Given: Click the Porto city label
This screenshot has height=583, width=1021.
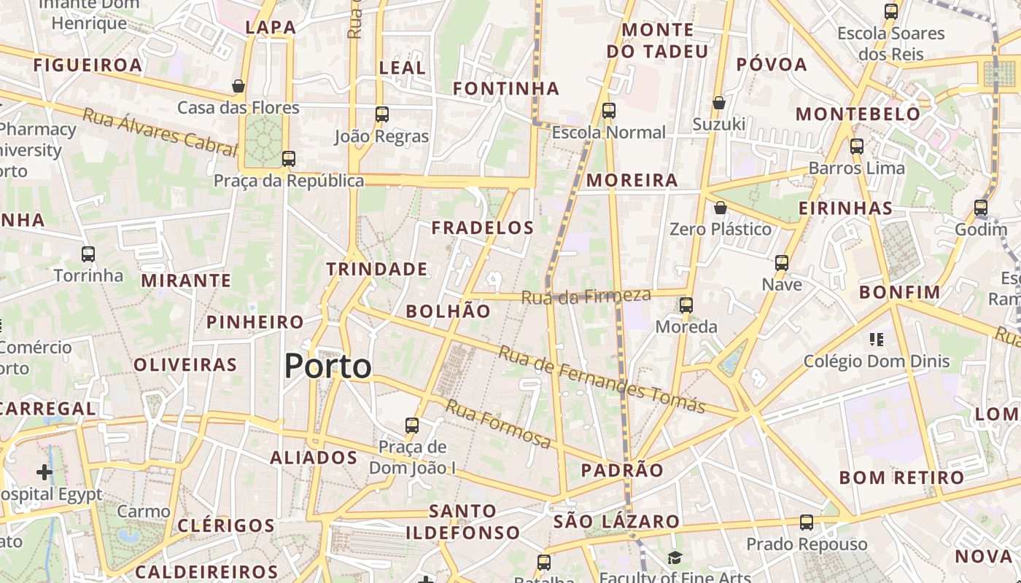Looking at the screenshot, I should [x=328, y=366].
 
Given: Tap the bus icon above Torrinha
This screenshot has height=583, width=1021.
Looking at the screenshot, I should [x=88, y=254].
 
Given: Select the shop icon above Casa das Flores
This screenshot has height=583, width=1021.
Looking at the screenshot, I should [x=238, y=86].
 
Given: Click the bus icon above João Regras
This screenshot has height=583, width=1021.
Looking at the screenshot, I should [x=382, y=114].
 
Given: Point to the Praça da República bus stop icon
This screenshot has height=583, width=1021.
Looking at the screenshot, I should [x=289, y=159].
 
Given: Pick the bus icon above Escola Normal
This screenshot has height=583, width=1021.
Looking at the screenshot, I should [x=609, y=111].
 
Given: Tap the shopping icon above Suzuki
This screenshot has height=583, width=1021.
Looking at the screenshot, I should [x=719, y=103].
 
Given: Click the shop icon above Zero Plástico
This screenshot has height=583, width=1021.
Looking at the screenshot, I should [x=721, y=208].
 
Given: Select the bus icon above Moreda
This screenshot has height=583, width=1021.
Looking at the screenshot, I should [x=686, y=305].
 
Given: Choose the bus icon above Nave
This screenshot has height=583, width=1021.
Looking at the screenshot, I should [x=782, y=263].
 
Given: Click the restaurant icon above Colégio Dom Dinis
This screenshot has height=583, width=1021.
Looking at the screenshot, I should [x=877, y=339].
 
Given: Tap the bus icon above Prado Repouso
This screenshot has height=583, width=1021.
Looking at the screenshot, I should [x=807, y=523].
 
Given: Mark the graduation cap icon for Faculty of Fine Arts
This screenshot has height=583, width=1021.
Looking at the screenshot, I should [x=675, y=558].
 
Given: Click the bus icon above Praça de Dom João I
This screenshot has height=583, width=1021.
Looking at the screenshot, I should [x=412, y=426].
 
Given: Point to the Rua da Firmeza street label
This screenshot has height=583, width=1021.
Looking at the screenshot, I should [x=586, y=296].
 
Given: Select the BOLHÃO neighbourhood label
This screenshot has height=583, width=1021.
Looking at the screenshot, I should [x=448, y=311].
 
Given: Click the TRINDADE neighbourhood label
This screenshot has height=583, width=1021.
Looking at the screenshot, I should [x=377, y=269].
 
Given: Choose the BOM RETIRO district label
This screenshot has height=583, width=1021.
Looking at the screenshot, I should [x=901, y=478].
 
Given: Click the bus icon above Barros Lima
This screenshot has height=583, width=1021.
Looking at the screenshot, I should [x=857, y=146].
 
